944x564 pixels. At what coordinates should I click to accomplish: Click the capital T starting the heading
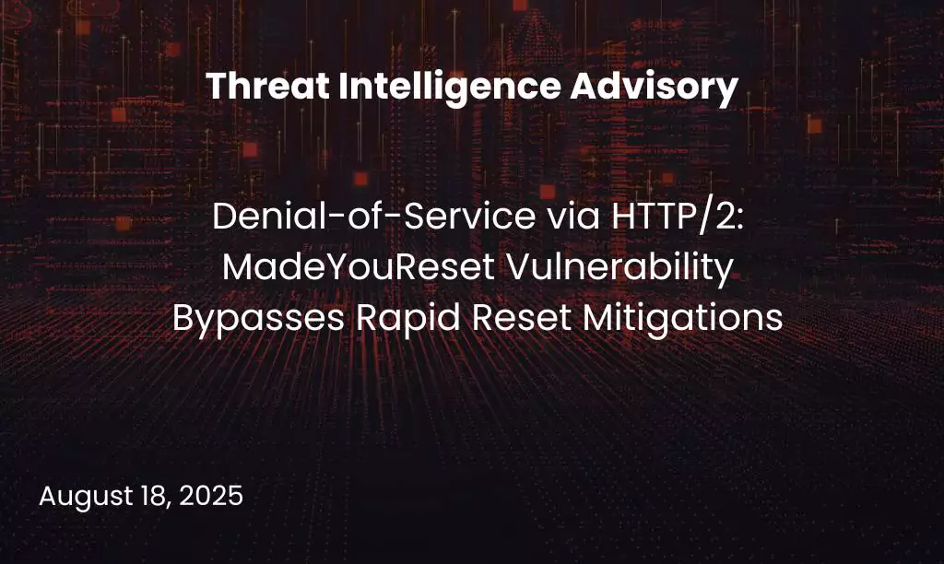coord(215,88)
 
